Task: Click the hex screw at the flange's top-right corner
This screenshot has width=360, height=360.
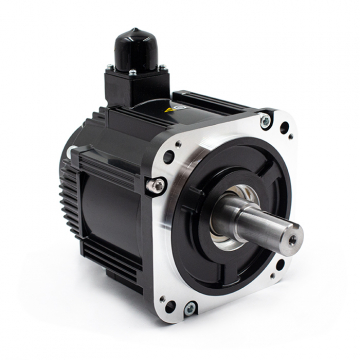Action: click(265, 121)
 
